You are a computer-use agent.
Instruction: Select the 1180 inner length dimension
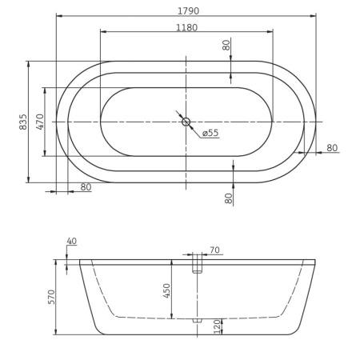click(186, 28)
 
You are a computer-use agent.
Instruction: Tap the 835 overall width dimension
click(23, 122)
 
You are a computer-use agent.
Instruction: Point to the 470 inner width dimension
click(40, 122)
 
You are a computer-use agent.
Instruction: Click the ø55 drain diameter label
click(210, 133)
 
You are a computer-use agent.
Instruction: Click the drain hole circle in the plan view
click(186, 122)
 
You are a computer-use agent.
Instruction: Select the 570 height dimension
click(51, 297)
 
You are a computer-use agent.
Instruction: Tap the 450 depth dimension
click(167, 290)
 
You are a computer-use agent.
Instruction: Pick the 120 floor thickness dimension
click(217, 326)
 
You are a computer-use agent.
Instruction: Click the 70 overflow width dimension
click(214, 250)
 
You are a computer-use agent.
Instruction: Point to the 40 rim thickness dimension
click(72, 242)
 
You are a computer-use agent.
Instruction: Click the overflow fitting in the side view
click(197, 265)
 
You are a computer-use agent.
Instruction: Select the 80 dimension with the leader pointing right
click(332, 147)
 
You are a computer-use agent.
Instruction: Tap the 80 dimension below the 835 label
click(86, 187)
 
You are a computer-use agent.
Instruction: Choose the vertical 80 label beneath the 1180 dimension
click(226, 46)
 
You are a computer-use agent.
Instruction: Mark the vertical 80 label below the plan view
click(228, 197)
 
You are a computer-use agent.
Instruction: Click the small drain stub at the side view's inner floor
click(197, 320)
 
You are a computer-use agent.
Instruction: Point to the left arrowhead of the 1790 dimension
click(58, 15)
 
